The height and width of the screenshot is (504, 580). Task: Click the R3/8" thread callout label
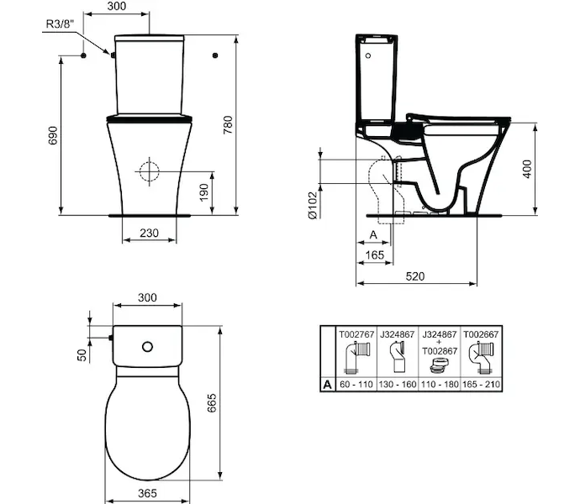point(60,24)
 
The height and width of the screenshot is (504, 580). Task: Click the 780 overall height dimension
point(228,125)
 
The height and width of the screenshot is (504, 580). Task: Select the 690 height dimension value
point(53,135)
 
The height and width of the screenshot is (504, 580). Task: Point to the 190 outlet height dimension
point(203,192)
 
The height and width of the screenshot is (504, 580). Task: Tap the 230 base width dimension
point(149,233)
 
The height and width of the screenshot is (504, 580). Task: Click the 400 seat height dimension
point(527,169)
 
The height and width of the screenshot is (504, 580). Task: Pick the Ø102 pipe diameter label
point(313,206)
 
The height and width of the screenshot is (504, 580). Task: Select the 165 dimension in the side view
point(375,255)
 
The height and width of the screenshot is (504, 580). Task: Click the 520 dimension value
point(415,276)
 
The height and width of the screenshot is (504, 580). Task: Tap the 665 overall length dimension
point(212,403)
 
